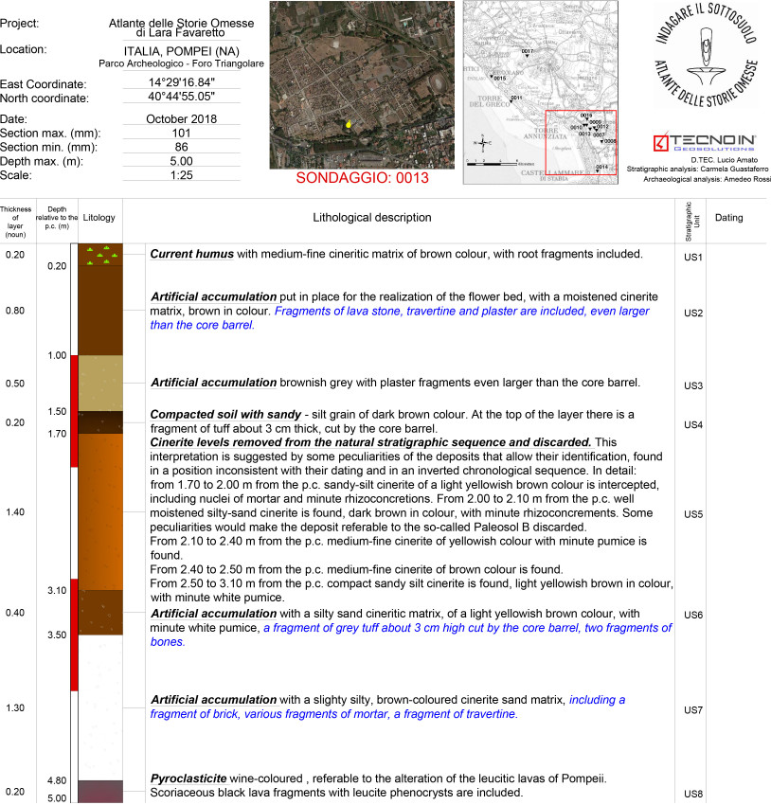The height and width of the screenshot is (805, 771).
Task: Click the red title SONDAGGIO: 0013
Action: (x=363, y=178)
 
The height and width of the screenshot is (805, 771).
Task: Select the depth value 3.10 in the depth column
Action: (x=57, y=590)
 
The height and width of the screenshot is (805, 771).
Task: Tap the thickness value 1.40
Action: (x=15, y=512)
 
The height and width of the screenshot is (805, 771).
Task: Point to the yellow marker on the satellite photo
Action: (x=349, y=123)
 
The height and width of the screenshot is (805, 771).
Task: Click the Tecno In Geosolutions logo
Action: (x=710, y=143)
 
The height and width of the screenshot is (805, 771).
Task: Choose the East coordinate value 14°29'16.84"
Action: (x=181, y=83)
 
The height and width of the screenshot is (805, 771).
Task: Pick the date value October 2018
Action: (x=181, y=119)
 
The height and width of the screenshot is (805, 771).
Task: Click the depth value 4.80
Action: (x=57, y=780)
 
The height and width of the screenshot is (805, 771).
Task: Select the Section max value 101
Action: (x=181, y=134)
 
